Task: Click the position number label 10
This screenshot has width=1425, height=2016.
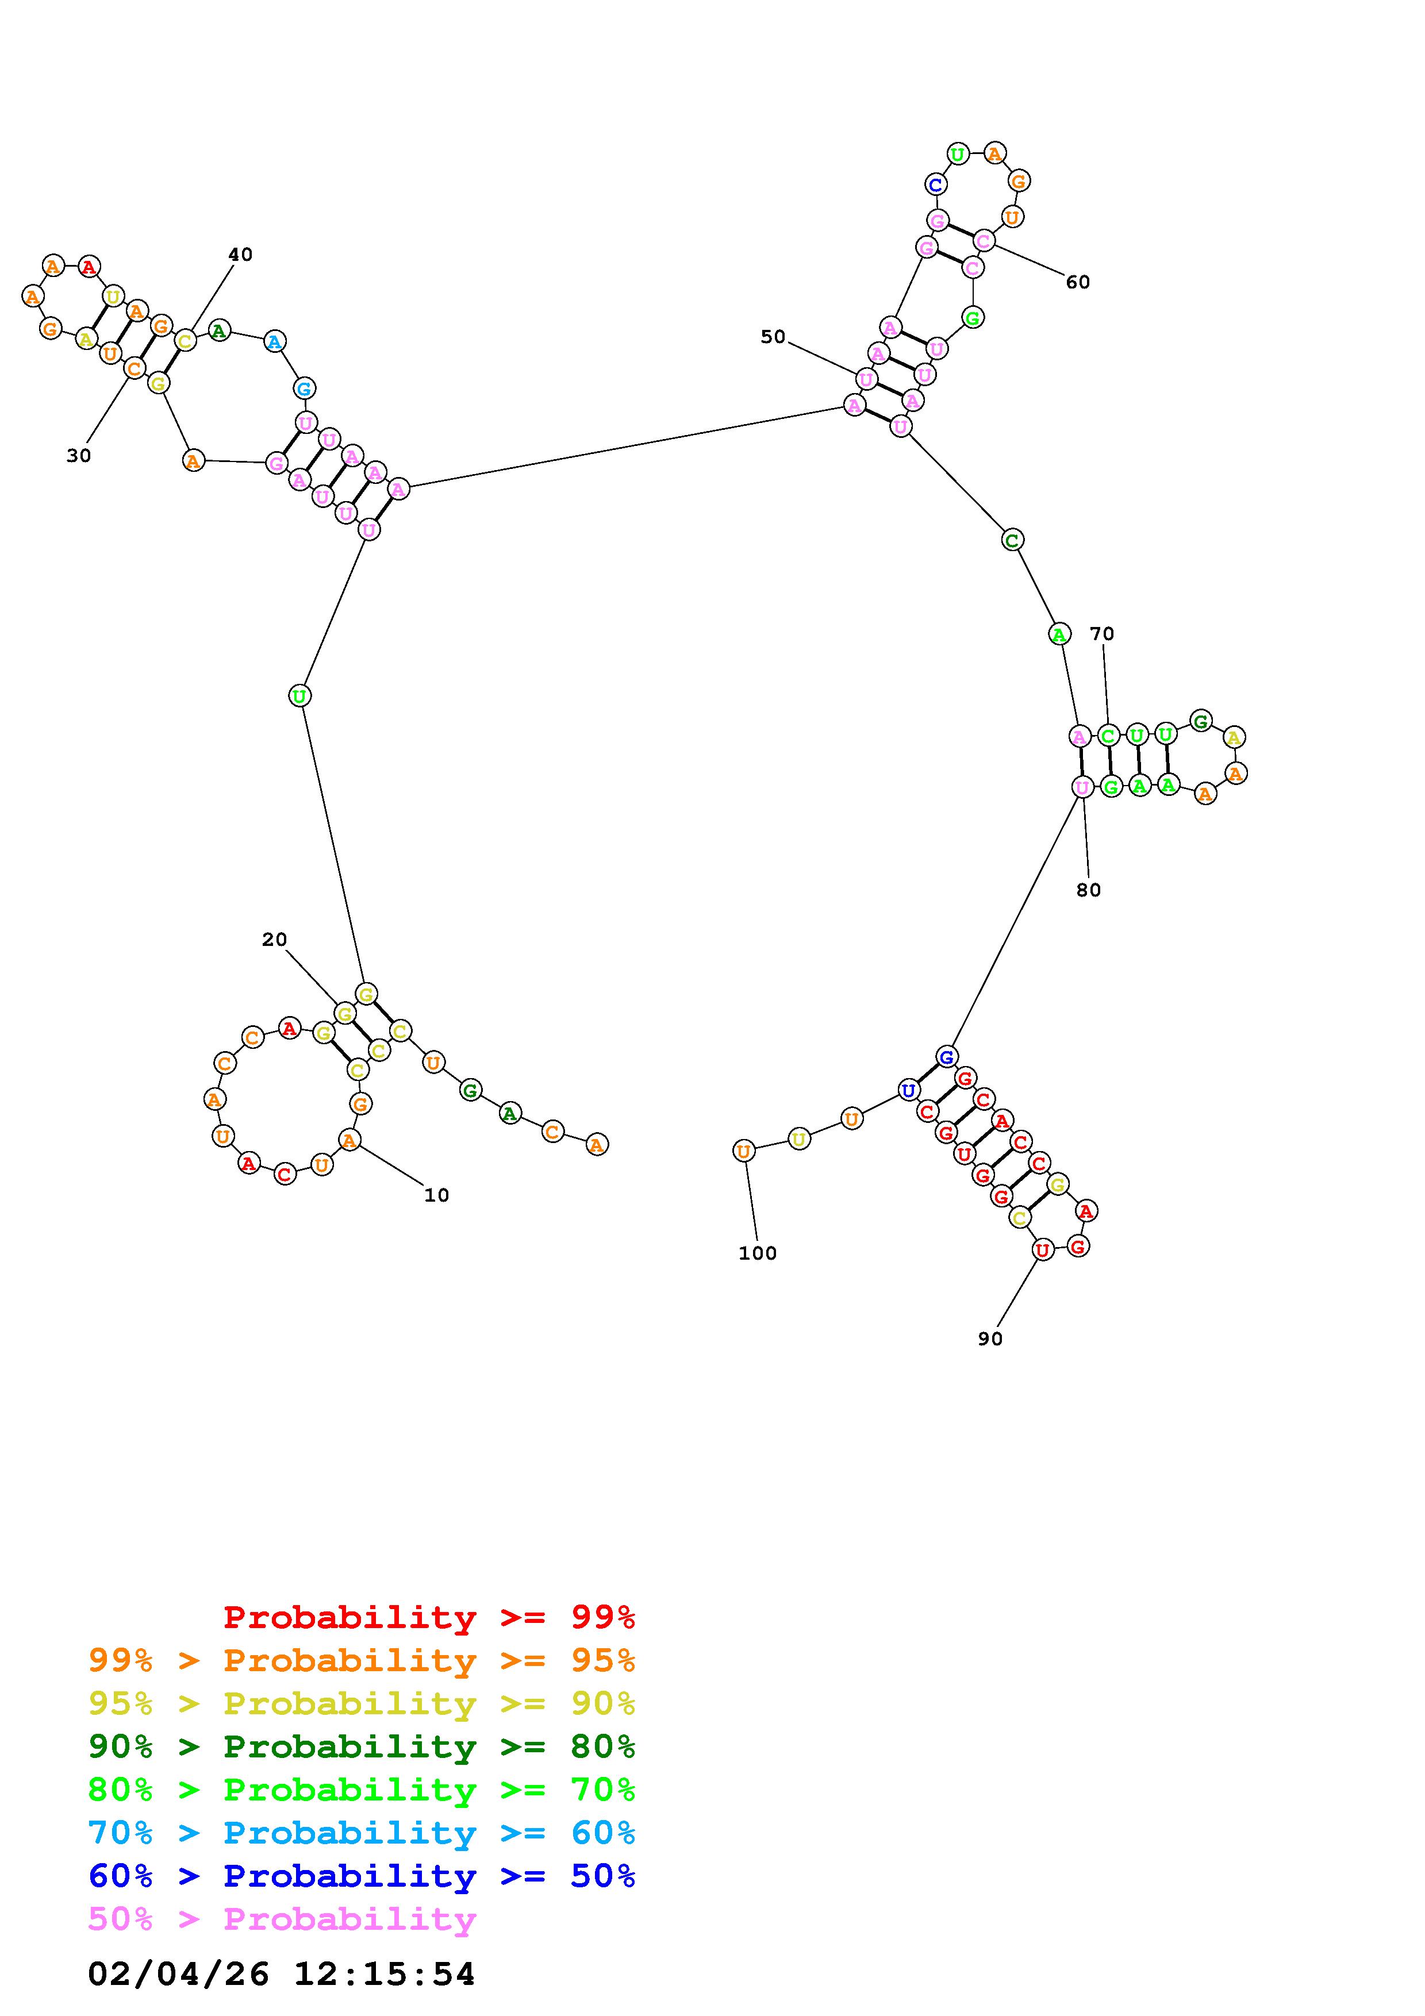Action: (436, 1195)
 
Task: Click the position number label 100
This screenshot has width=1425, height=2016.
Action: (757, 1253)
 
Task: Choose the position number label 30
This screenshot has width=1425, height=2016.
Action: (79, 456)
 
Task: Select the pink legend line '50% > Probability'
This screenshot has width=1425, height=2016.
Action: (283, 1919)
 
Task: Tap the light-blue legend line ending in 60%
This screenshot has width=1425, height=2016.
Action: (362, 1833)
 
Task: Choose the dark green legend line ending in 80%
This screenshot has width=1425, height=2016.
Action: (362, 1747)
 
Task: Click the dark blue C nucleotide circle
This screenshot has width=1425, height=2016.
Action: (936, 184)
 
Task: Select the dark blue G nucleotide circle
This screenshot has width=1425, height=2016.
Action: (946, 1056)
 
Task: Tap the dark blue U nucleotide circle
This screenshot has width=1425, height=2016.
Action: (908, 1091)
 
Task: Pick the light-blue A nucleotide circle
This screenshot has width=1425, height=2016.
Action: (275, 341)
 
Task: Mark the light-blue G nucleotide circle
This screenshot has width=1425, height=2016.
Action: (304, 388)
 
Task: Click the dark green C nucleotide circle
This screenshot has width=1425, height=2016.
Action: (1012, 540)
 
